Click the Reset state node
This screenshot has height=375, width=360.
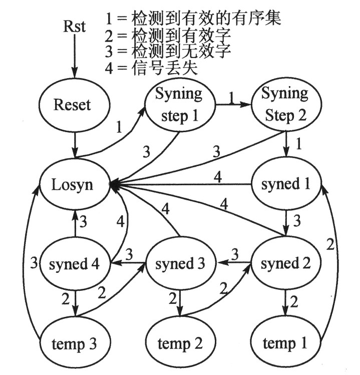[72, 105]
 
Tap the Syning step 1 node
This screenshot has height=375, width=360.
[179, 106]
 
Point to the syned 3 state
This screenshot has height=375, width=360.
[179, 264]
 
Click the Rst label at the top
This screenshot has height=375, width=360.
[74, 26]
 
